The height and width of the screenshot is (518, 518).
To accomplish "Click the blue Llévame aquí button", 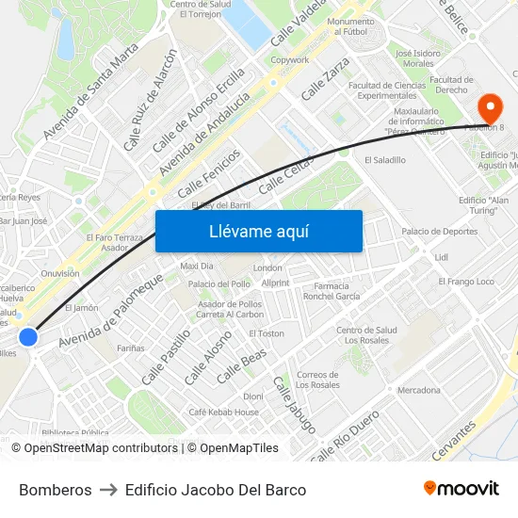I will [x=258, y=231].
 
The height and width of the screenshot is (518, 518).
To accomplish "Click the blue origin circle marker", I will [x=28, y=337].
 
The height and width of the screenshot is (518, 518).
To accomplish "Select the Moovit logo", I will [x=461, y=489].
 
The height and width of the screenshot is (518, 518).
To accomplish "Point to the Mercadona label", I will [x=418, y=390].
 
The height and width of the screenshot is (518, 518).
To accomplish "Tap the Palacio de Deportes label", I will [x=439, y=232].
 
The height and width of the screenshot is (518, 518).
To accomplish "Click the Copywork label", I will [x=289, y=60].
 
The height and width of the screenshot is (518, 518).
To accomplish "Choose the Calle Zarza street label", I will [x=326, y=79].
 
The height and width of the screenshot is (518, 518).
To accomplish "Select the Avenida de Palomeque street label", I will [x=109, y=311].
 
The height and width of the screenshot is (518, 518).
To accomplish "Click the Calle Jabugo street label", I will [x=294, y=404].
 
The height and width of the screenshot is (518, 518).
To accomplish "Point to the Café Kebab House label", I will [x=223, y=413].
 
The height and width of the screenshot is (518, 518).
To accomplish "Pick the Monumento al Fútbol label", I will [x=350, y=26].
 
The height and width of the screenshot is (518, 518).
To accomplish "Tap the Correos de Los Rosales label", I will [x=317, y=380].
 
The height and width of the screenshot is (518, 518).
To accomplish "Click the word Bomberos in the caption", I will [x=56, y=490].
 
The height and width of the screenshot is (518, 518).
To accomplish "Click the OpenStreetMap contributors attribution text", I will [x=96, y=448].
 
